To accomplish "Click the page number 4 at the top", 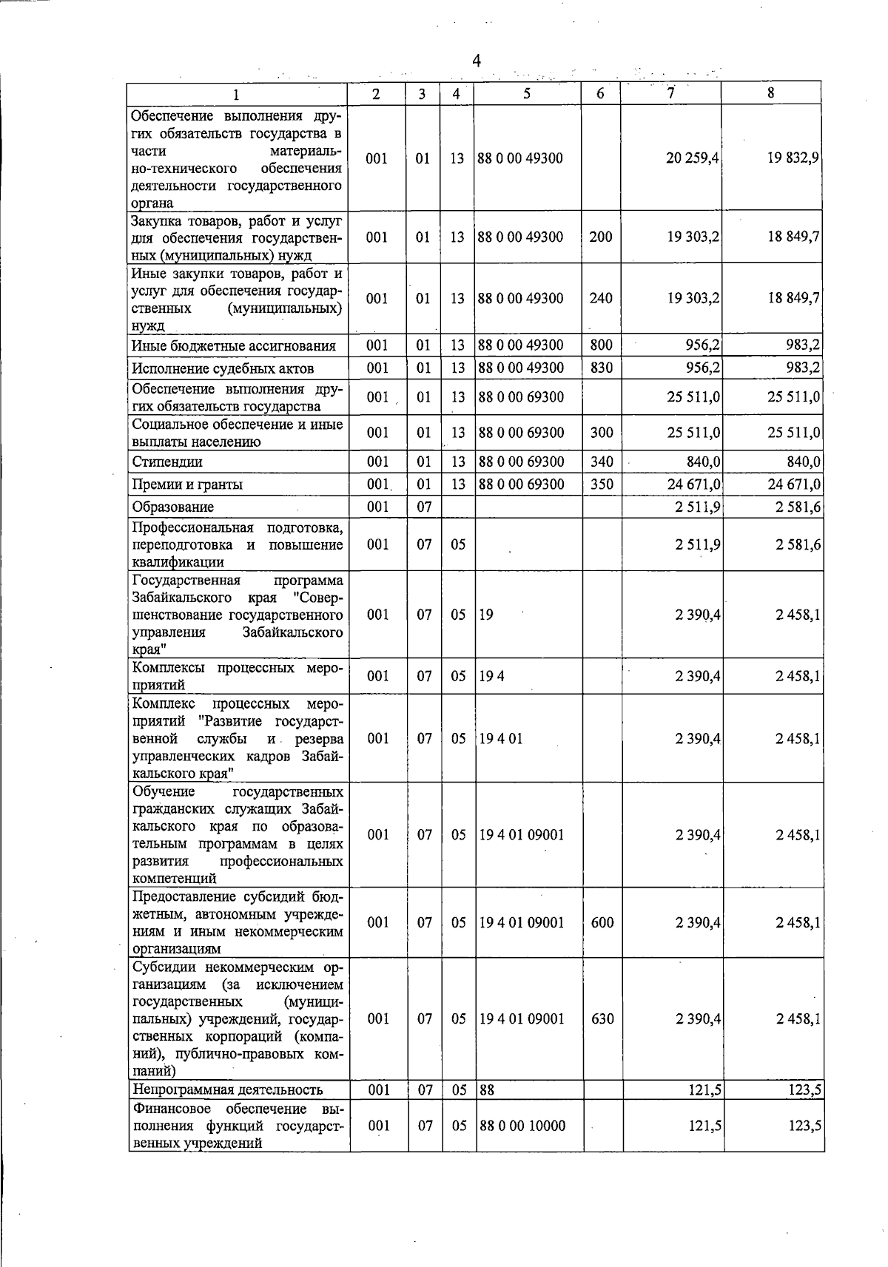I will point(477,61).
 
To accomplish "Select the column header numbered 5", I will point(526,93).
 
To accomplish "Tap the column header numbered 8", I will point(770,93).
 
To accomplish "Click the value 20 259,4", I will point(693,158).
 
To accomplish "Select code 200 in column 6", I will point(601,237).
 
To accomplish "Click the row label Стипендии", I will point(167,462).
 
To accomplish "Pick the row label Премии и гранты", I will point(187,484).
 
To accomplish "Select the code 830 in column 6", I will point(602,368).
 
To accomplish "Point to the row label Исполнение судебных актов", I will point(223,368).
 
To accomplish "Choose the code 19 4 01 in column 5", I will point(501,739).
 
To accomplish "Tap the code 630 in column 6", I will point(603,1019).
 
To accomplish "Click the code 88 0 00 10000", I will point(522,1126).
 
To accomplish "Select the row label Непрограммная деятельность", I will point(228,1089).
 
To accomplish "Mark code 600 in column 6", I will point(603,923).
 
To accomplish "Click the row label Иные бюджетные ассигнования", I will point(234,346).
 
